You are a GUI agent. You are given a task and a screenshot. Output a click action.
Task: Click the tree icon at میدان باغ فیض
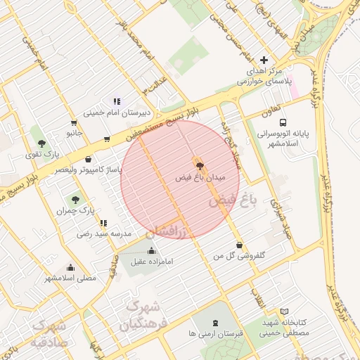pyautogui.click(x=200, y=167)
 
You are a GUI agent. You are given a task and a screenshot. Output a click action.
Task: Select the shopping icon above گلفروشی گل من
pyautogui.click(x=240, y=245)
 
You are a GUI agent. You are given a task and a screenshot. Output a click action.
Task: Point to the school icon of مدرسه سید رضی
pyautogui.click(x=104, y=223)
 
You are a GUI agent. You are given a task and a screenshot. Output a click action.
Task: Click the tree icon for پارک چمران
pyautogui.click(x=76, y=200)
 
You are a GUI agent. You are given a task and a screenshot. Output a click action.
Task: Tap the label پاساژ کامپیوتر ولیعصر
pyautogui.click(x=89, y=169)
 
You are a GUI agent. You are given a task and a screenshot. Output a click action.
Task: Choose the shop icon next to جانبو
pyautogui.click(x=106, y=139)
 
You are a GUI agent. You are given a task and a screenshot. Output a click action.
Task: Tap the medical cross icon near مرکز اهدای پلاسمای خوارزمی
pyautogui.click(x=264, y=60)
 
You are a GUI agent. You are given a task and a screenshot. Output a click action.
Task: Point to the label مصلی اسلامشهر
pyautogui.click(x=70, y=278)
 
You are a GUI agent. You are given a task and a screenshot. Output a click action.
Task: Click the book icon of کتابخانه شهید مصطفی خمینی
pyautogui.click(x=284, y=311)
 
